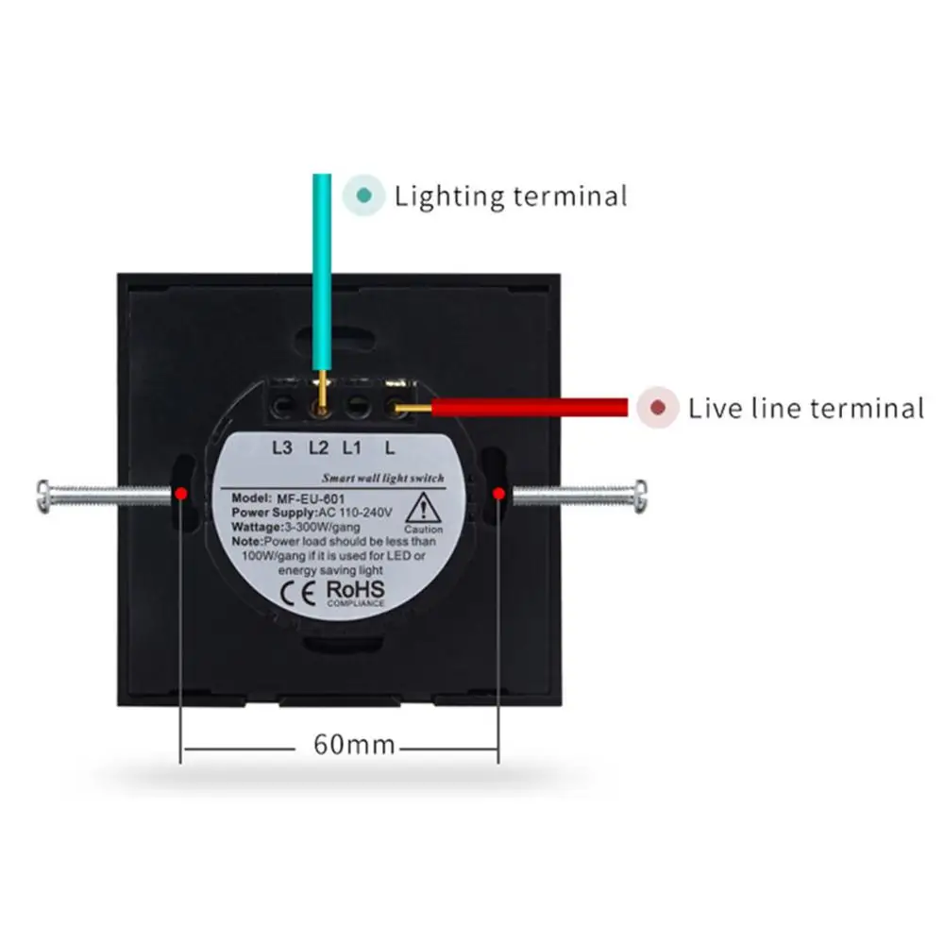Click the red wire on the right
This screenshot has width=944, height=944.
tap(529, 408)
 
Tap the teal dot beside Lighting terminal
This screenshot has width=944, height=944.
tap(363, 196)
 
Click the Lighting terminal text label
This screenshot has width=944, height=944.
tap(511, 196)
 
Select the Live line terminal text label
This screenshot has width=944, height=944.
tap(805, 408)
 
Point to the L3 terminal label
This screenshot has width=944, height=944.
tap(282, 448)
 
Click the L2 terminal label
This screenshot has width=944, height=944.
tap(318, 448)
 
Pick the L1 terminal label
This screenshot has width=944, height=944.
tap(353, 448)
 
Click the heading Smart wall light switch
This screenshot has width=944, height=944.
tap(383, 480)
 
